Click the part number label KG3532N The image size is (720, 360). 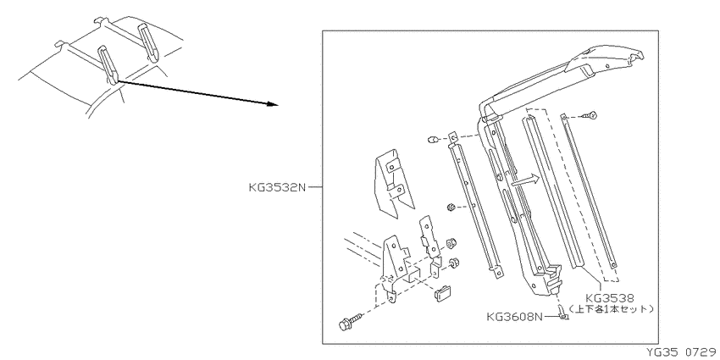[277, 187]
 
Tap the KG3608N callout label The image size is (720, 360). [515, 317]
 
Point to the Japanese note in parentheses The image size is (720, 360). [611, 308]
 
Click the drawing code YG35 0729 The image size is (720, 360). [682, 352]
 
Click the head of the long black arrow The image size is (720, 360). [274, 104]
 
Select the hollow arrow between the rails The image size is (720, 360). [524, 180]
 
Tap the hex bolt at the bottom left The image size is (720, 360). [350, 320]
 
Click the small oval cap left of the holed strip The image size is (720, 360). [433, 139]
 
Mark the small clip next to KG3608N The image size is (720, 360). [562, 313]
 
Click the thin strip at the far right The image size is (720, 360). [589, 191]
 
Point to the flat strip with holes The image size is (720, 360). [474, 206]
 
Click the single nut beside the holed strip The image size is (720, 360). [451, 208]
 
